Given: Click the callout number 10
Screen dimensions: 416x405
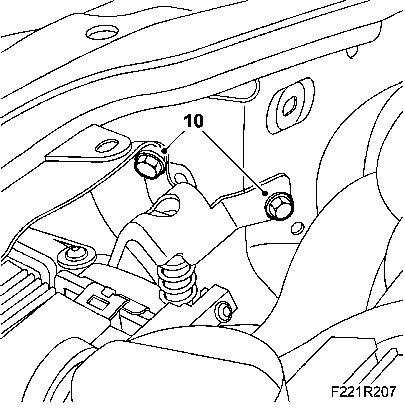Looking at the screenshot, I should (194, 121).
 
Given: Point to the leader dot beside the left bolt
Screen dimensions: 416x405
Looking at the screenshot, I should (165, 151).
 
